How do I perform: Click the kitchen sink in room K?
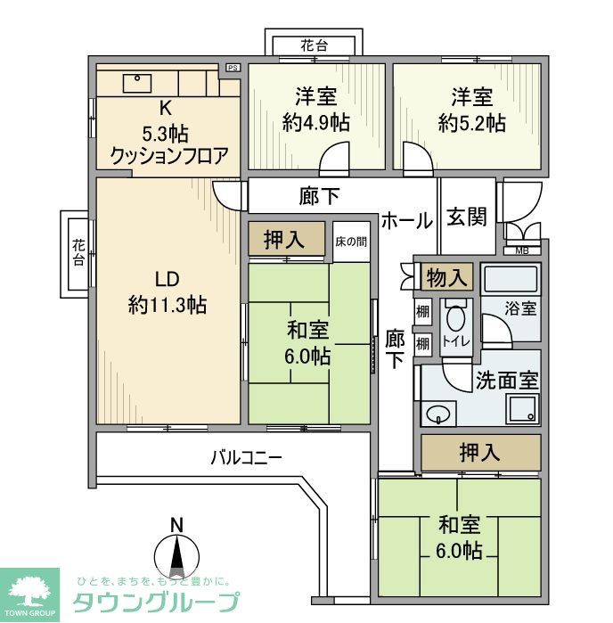138,81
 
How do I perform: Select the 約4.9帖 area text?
315,124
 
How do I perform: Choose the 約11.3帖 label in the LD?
168,306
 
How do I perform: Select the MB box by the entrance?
522,250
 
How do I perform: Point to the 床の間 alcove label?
350,241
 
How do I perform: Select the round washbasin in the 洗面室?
437,414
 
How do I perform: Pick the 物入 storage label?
447,276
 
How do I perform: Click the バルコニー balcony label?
246,458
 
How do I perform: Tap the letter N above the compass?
176,523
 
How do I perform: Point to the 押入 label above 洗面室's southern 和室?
479,452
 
